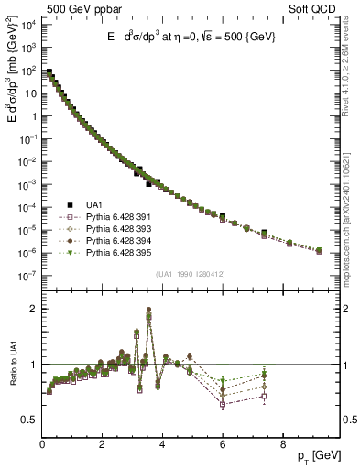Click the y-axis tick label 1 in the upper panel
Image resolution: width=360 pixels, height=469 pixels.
tap(33, 115)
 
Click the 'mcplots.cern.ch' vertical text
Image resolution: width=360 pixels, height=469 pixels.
tap(352, 211)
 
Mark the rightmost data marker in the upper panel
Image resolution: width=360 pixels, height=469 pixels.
tap(319, 249)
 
